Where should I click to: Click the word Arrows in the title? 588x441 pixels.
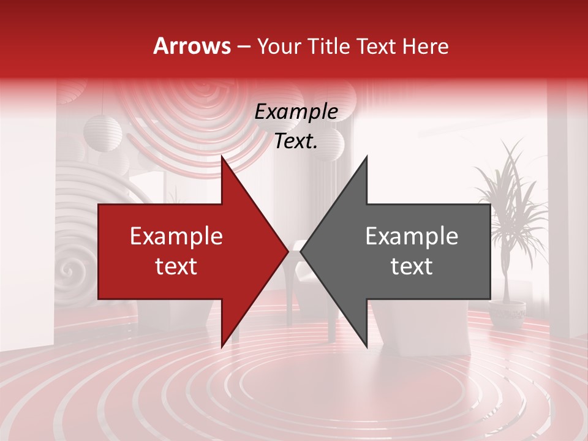coord(192,46)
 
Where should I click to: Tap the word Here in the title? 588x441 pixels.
coord(426,46)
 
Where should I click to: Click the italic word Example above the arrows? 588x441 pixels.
coord(296,112)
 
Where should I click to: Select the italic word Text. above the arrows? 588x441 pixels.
coord(296,141)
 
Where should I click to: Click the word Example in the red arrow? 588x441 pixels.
coord(176,236)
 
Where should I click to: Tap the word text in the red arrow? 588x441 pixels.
coord(176,266)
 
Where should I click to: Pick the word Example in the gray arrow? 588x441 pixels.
coord(412,236)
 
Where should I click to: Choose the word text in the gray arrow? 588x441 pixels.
coord(412,266)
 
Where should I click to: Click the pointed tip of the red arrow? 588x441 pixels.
coord(288,251)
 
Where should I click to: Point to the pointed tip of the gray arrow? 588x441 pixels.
coord(301,251)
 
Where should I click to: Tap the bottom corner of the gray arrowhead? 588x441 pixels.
coord(366,347)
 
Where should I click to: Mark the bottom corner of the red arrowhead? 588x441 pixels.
coord(222,347)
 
